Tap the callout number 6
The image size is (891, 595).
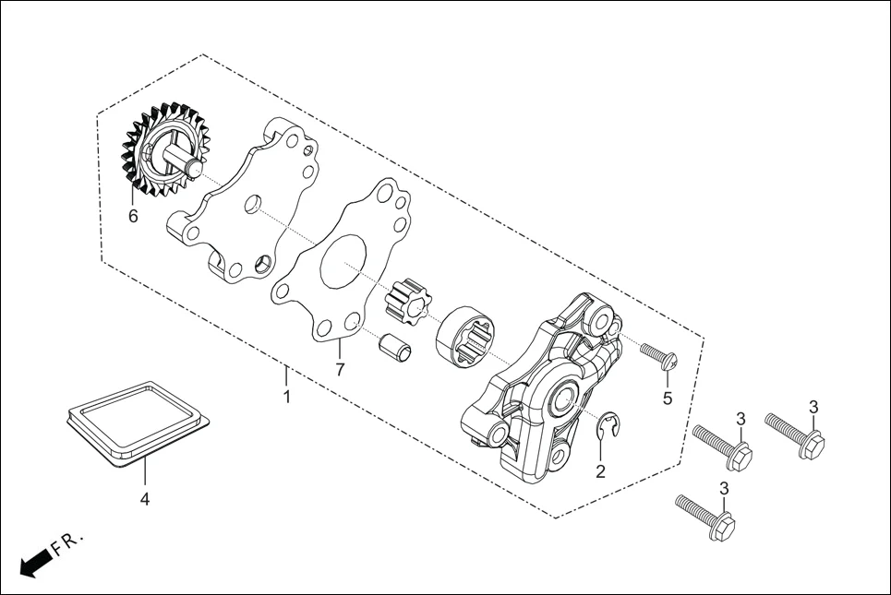click(133, 216)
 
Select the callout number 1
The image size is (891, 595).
click(286, 397)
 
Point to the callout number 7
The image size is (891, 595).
click(339, 370)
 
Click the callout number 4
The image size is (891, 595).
click(144, 499)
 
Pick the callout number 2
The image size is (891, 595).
click(600, 471)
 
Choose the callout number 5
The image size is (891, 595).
click(667, 399)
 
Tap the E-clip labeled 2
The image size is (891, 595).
click(610, 426)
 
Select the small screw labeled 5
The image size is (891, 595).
click(657, 356)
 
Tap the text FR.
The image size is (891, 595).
click(67, 542)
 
